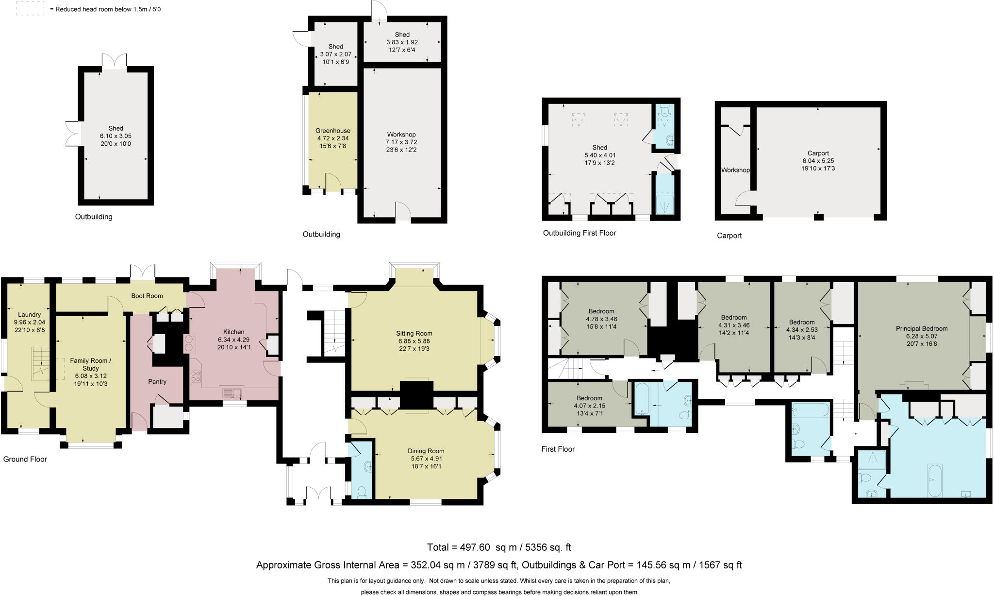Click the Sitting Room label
click(414, 333)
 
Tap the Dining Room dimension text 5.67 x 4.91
click(426, 459)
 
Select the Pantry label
click(157, 382)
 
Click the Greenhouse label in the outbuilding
click(332, 131)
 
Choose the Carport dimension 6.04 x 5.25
click(818, 161)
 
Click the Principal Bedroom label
click(921, 328)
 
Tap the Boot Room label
click(147, 296)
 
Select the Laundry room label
click(29, 314)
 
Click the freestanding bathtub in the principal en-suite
click(934, 480)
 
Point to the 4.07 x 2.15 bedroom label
click(589, 406)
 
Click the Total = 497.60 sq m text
click(499, 547)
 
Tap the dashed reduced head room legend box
click(30, 8)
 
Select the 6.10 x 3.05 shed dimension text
click(116, 136)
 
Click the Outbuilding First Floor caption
click(579, 233)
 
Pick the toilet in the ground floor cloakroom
click(362, 493)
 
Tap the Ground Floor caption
click(25, 459)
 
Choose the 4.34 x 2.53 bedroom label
click(801, 330)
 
